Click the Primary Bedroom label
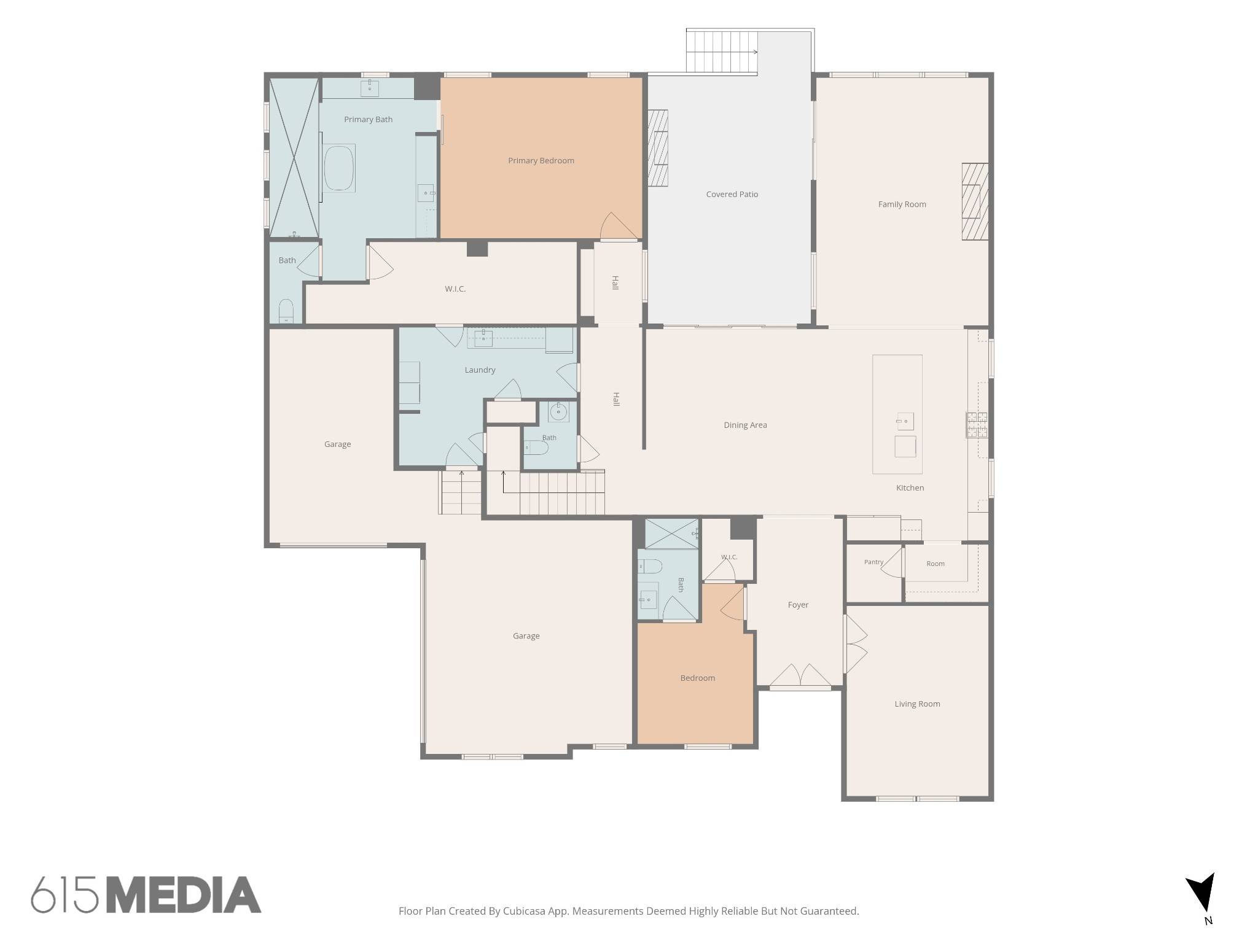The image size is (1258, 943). pyautogui.click(x=541, y=161)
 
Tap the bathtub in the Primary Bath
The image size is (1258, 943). pyautogui.click(x=339, y=168)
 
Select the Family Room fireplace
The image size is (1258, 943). pyautogui.click(x=975, y=201)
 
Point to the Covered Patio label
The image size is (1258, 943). pyautogui.click(x=732, y=195)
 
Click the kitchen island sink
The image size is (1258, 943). pyautogui.click(x=905, y=422)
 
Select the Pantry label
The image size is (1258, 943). pyautogui.click(x=873, y=562)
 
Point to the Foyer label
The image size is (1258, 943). pyautogui.click(x=798, y=605)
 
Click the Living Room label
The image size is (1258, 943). pyautogui.click(x=917, y=704)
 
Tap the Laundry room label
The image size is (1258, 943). pyautogui.click(x=480, y=370)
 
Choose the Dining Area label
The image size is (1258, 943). pyautogui.click(x=745, y=425)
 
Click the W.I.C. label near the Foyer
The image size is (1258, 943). pyautogui.click(x=729, y=557)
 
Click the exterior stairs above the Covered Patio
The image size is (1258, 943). pyautogui.click(x=722, y=52)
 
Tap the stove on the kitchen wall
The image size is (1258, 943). pyautogui.click(x=977, y=425)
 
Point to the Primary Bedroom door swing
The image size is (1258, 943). pyautogui.click(x=619, y=226)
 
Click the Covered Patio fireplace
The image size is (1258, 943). pyautogui.click(x=658, y=148)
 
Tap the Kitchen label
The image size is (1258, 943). pyautogui.click(x=910, y=488)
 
